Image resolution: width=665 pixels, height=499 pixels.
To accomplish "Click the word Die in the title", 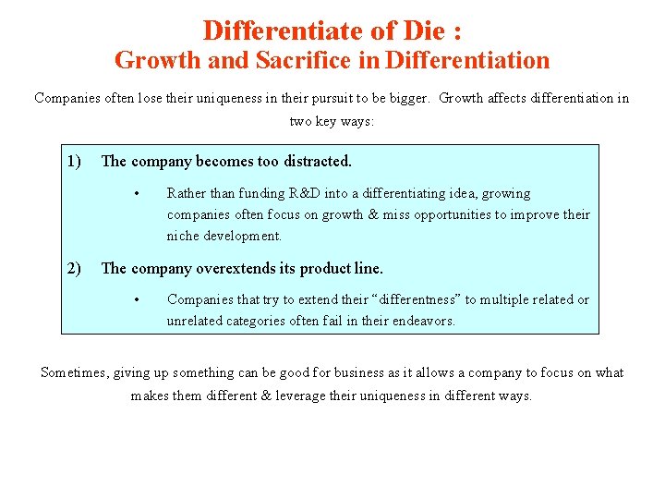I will [417, 30].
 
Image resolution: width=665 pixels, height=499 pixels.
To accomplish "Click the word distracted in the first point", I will [316, 161].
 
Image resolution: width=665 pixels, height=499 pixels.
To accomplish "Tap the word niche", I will [183, 236].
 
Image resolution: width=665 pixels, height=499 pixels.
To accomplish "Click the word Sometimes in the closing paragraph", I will [74, 372].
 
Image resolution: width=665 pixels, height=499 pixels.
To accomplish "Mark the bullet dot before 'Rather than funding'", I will [136, 193].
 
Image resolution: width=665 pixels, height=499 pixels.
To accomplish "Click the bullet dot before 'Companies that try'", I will [136, 299].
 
